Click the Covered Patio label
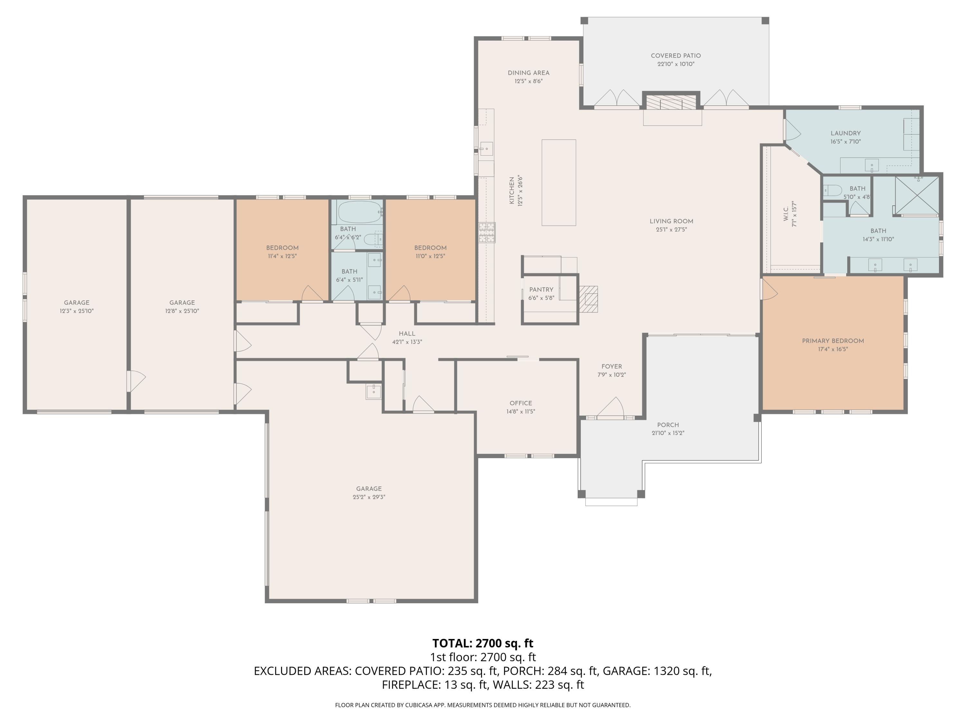(x=676, y=55)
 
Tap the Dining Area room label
(x=528, y=73)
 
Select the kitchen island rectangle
(x=559, y=183)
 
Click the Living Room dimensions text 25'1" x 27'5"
(x=671, y=229)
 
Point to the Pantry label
(x=541, y=290)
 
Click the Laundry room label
(x=846, y=133)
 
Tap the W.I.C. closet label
(x=786, y=214)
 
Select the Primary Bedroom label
(x=833, y=341)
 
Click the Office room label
(x=521, y=403)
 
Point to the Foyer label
(x=611, y=367)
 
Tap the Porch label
(x=668, y=425)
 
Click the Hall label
(x=407, y=333)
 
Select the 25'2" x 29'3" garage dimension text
(x=369, y=497)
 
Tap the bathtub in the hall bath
(x=360, y=212)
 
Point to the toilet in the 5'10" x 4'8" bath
(x=832, y=190)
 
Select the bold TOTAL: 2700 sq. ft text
(x=483, y=643)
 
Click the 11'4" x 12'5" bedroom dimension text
(x=282, y=256)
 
